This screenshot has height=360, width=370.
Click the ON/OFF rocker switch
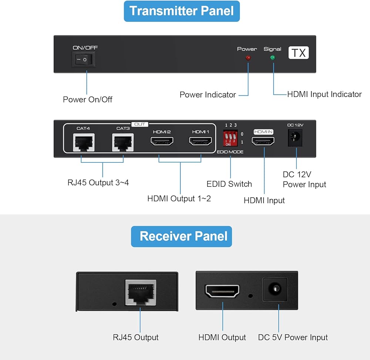(85, 59)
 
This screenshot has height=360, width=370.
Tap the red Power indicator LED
(248, 58)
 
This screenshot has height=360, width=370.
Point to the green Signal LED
(273, 58)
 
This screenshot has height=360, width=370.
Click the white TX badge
(299, 53)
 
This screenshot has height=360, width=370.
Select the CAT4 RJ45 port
(84, 142)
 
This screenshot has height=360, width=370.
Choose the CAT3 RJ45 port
(123, 142)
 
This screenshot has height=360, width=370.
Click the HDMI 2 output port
(161, 141)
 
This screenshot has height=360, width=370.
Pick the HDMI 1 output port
(201, 141)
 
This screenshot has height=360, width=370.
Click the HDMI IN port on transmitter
(263, 141)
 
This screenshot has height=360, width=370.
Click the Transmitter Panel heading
(182, 11)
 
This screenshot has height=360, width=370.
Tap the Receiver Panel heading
(182, 236)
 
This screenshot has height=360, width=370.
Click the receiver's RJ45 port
(141, 292)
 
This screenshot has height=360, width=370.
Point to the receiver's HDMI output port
(222, 291)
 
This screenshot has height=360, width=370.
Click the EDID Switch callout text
(229, 184)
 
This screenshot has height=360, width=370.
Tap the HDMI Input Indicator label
(324, 94)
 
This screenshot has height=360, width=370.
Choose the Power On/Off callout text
(88, 99)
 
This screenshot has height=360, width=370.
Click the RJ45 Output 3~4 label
(98, 182)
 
